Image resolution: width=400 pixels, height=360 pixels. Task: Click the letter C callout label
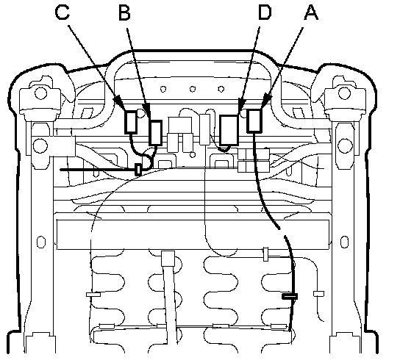click(x=63, y=12)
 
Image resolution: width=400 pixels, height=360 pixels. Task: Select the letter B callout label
click(x=124, y=12)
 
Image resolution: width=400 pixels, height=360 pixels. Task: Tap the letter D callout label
click(x=265, y=12)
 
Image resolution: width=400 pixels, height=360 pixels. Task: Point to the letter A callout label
click(x=311, y=12)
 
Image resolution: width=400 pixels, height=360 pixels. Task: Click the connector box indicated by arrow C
click(x=131, y=123)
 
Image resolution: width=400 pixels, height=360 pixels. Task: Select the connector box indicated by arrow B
click(x=155, y=133)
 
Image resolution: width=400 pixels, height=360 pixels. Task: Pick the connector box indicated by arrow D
click(x=229, y=130)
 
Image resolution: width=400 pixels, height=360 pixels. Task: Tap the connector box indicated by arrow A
click(x=254, y=120)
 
